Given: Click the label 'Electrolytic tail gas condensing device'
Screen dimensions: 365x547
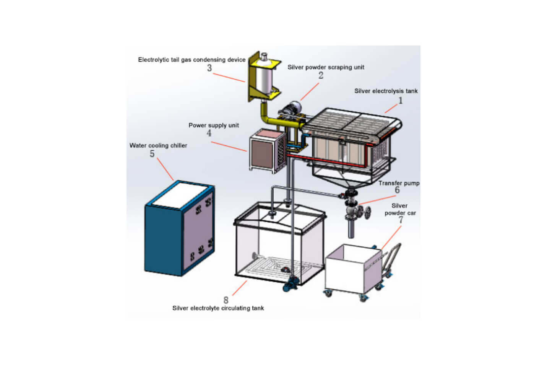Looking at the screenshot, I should click(192, 60).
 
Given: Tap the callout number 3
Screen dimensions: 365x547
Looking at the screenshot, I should click(209, 68).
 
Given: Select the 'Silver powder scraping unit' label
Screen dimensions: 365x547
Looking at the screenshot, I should click(326, 67).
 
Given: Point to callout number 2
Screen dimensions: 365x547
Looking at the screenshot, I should click(321, 75).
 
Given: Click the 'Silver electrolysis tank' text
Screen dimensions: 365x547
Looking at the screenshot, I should click(386, 91).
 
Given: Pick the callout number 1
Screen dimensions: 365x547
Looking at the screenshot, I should click(400, 100).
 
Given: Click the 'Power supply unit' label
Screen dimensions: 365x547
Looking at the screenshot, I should click(214, 125).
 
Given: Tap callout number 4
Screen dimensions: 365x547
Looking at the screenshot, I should click(209, 133).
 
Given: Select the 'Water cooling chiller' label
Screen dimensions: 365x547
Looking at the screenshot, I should click(158, 145).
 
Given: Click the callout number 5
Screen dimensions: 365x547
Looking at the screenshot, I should click(152, 154).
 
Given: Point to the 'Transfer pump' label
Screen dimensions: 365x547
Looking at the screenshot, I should click(399, 183).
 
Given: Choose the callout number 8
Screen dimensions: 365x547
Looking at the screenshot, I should click(226, 300).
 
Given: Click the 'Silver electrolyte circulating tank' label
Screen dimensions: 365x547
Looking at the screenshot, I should click(218, 308).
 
